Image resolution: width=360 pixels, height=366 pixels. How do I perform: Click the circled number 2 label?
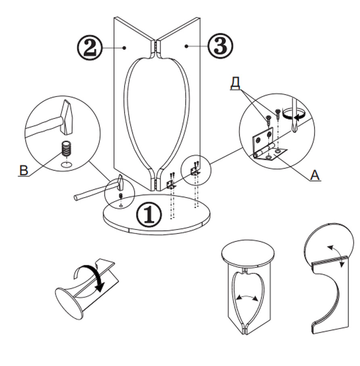89,48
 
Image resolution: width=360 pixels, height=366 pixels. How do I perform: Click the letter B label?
24,170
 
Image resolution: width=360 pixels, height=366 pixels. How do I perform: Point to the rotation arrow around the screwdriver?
293,115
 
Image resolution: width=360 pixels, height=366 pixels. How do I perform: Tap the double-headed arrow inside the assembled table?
247,298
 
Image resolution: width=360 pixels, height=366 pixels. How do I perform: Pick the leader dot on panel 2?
125,48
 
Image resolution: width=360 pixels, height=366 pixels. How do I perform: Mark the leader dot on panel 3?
186,47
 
